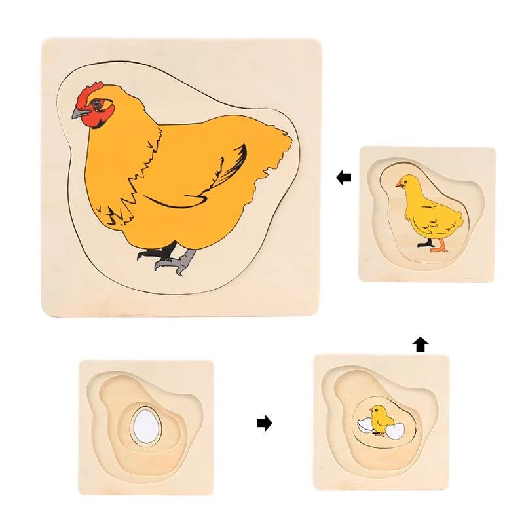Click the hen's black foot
[160, 259]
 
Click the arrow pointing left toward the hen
[343, 177]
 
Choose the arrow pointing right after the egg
[264, 424]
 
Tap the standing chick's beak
[398, 187]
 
